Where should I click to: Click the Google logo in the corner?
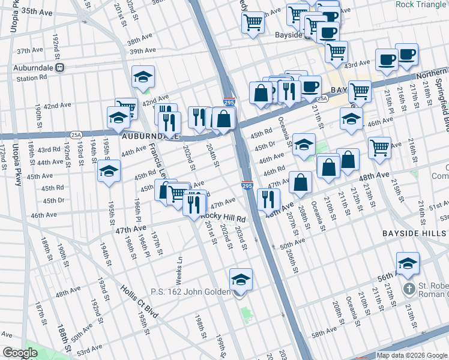click(20, 353)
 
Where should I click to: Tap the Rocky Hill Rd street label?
click(223, 219)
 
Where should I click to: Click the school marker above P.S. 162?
click(241, 280)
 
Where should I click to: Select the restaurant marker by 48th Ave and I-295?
click(268, 200)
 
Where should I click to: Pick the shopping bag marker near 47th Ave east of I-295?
click(300, 183)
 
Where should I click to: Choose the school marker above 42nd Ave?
click(143, 77)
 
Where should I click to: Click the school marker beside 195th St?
click(109, 172)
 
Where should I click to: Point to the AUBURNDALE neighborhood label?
click(149, 136)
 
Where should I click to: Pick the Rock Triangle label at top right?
click(421, 4)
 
